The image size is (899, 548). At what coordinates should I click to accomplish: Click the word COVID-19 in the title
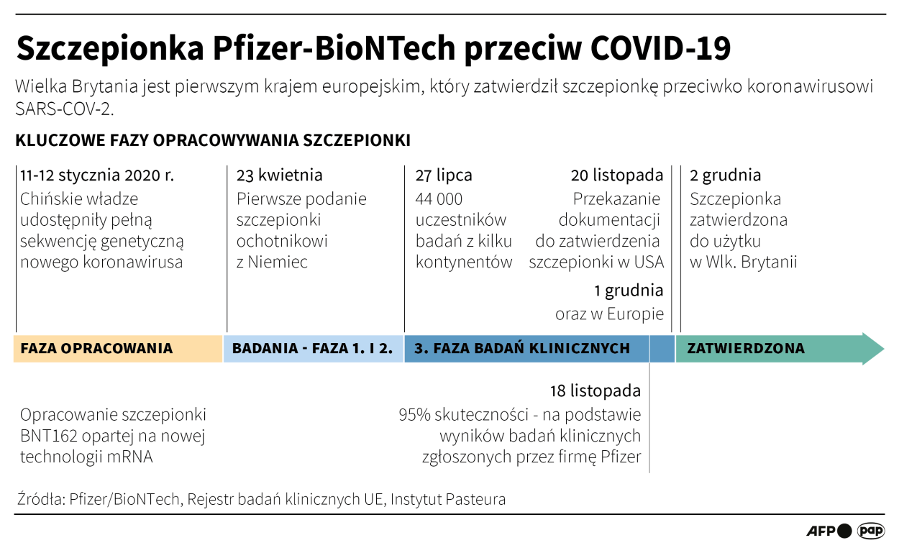[660, 50]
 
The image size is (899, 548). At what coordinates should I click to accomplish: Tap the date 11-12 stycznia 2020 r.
[97, 175]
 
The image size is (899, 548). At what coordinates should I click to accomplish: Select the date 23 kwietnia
[280, 175]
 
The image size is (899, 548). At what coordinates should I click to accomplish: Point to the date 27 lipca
[444, 175]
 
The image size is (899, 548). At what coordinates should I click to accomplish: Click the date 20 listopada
[617, 175]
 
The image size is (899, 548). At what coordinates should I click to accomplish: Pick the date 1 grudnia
[629, 291]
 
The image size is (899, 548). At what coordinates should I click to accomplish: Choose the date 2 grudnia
[725, 175]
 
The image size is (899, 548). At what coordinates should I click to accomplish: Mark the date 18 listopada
[595, 391]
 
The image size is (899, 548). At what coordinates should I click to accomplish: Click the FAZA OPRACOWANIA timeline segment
[97, 349]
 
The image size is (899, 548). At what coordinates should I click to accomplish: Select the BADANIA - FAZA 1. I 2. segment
[313, 349]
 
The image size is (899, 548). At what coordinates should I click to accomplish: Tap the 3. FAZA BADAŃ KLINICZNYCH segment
[522, 349]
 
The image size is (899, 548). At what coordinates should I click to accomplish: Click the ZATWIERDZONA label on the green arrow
[746, 349]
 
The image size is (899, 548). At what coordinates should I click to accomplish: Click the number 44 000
[439, 199]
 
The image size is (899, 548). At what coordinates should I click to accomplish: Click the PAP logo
[871, 531]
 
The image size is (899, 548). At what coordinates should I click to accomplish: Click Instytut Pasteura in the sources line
[448, 499]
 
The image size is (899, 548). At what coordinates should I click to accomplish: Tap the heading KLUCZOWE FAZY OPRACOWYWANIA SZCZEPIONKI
[213, 140]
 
